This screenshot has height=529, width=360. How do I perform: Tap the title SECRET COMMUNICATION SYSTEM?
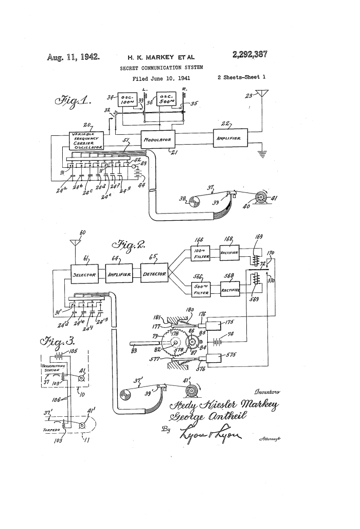click(x=161, y=67)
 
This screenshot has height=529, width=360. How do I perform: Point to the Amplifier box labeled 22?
click(x=230, y=137)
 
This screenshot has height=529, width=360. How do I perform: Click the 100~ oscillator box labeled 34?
click(x=127, y=101)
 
